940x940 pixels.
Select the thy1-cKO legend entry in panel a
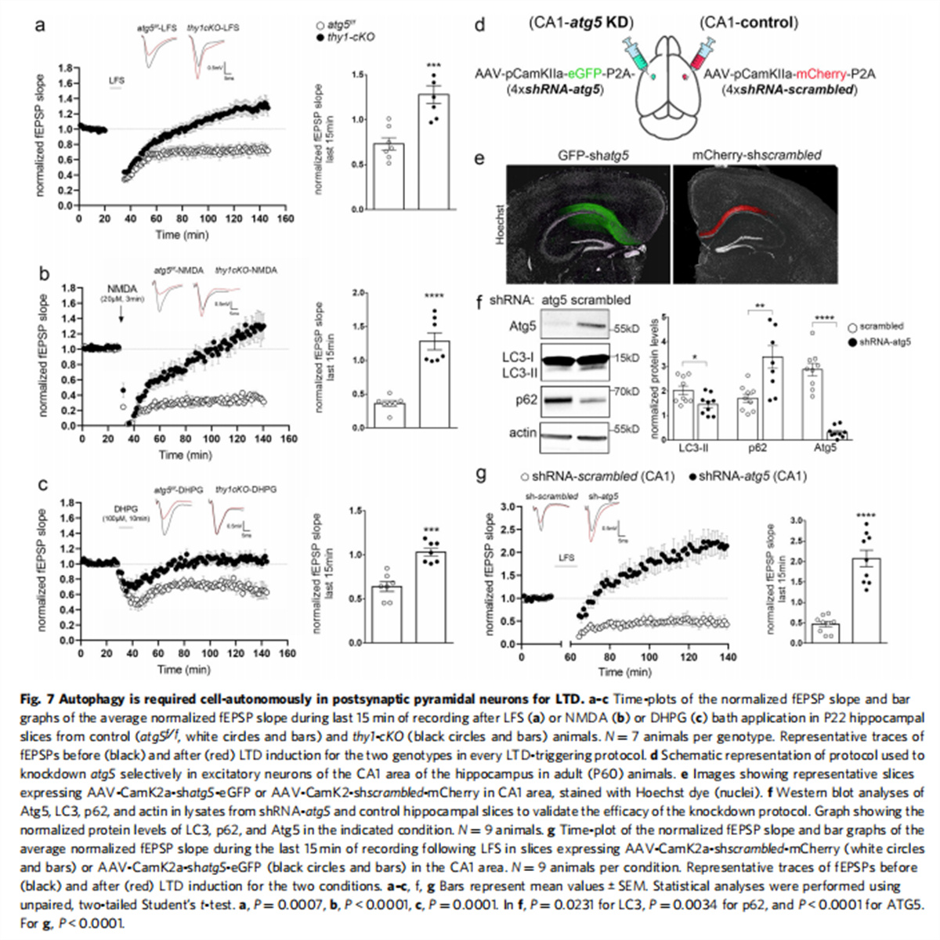tap(345, 37)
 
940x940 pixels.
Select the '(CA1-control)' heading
tap(749, 23)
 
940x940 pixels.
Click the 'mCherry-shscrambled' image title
tap(757, 155)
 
